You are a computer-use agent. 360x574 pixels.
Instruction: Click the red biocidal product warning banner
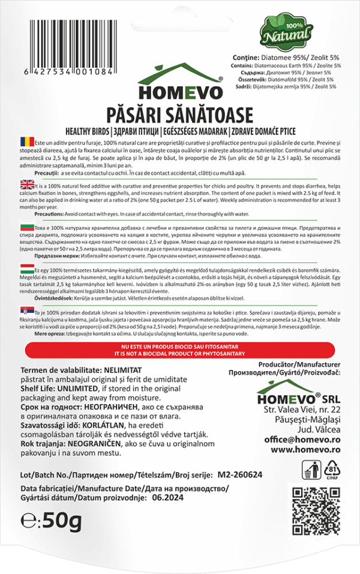click(180, 351)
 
